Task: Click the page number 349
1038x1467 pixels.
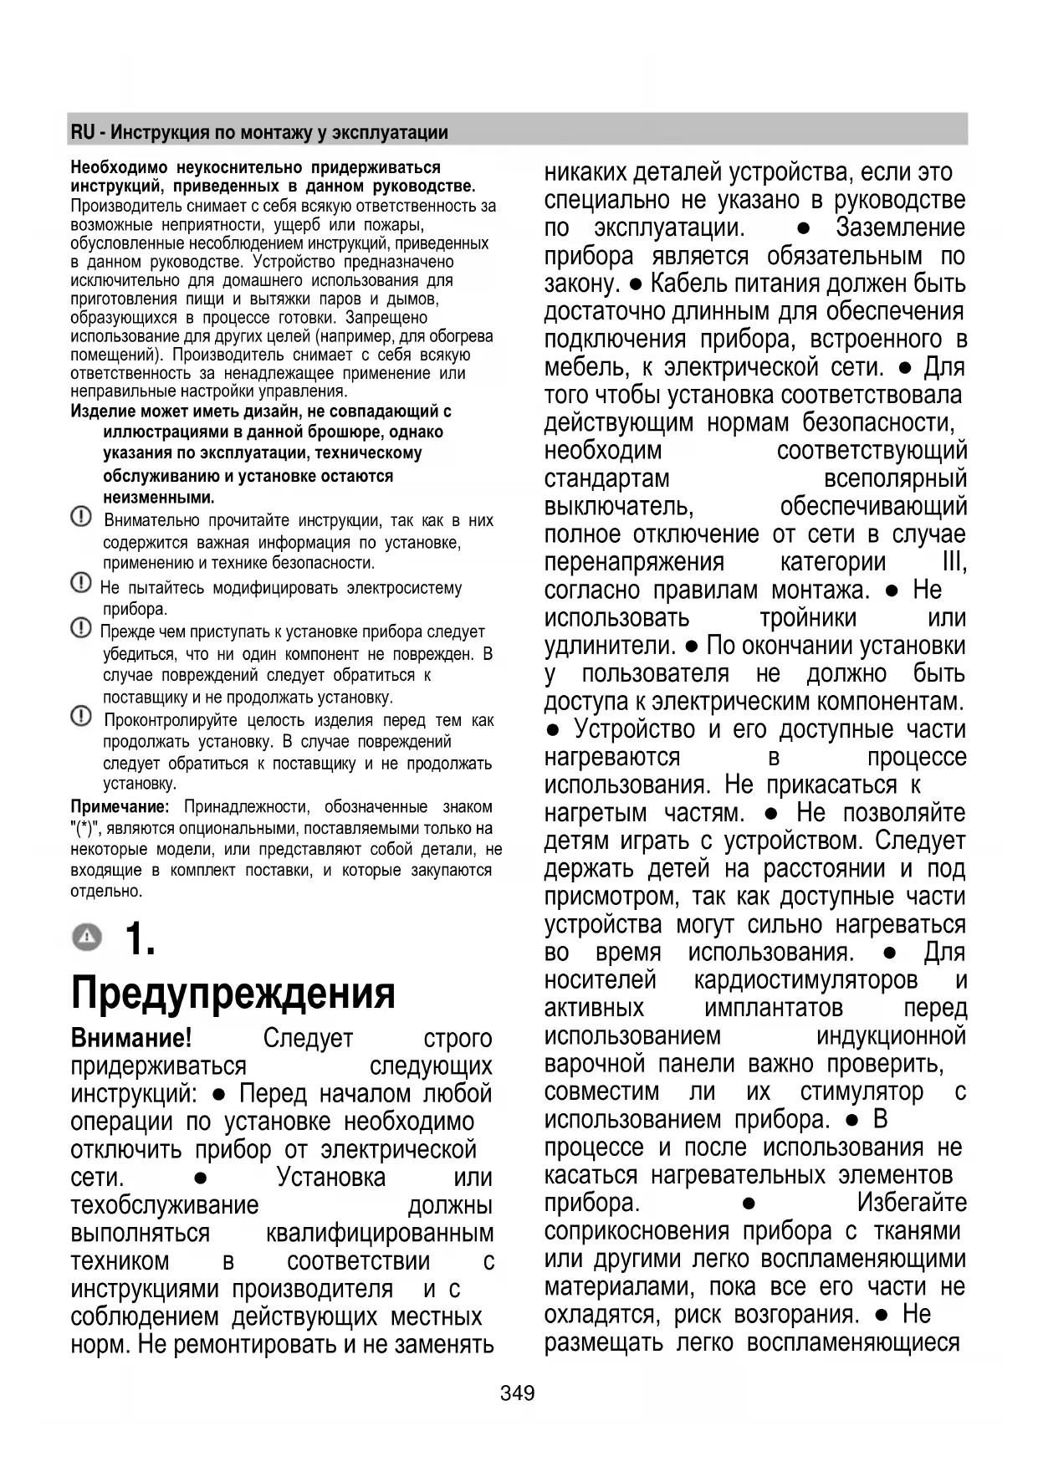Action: (517, 1393)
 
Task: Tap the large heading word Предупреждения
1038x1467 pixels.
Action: (233, 993)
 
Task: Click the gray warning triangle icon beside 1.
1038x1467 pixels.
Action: (86, 938)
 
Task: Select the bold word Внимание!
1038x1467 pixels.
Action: (131, 1038)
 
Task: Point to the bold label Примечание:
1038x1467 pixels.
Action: (120, 807)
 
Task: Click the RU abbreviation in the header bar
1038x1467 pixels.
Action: (82, 132)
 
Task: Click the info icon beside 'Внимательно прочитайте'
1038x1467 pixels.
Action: (81, 518)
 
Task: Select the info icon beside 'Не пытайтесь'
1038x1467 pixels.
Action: (81, 583)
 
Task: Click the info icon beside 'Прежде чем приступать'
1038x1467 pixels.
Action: (81, 627)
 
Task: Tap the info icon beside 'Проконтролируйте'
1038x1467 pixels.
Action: (81, 716)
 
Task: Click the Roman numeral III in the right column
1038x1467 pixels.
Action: (954, 562)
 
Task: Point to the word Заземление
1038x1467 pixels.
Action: (900, 227)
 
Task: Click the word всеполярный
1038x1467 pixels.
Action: (895, 478)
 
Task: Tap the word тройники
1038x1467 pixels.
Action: (808, 618)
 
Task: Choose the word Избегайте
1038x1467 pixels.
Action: (911, 1203)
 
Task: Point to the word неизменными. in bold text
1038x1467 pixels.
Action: (158, 498)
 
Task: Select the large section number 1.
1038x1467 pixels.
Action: (140, 938)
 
